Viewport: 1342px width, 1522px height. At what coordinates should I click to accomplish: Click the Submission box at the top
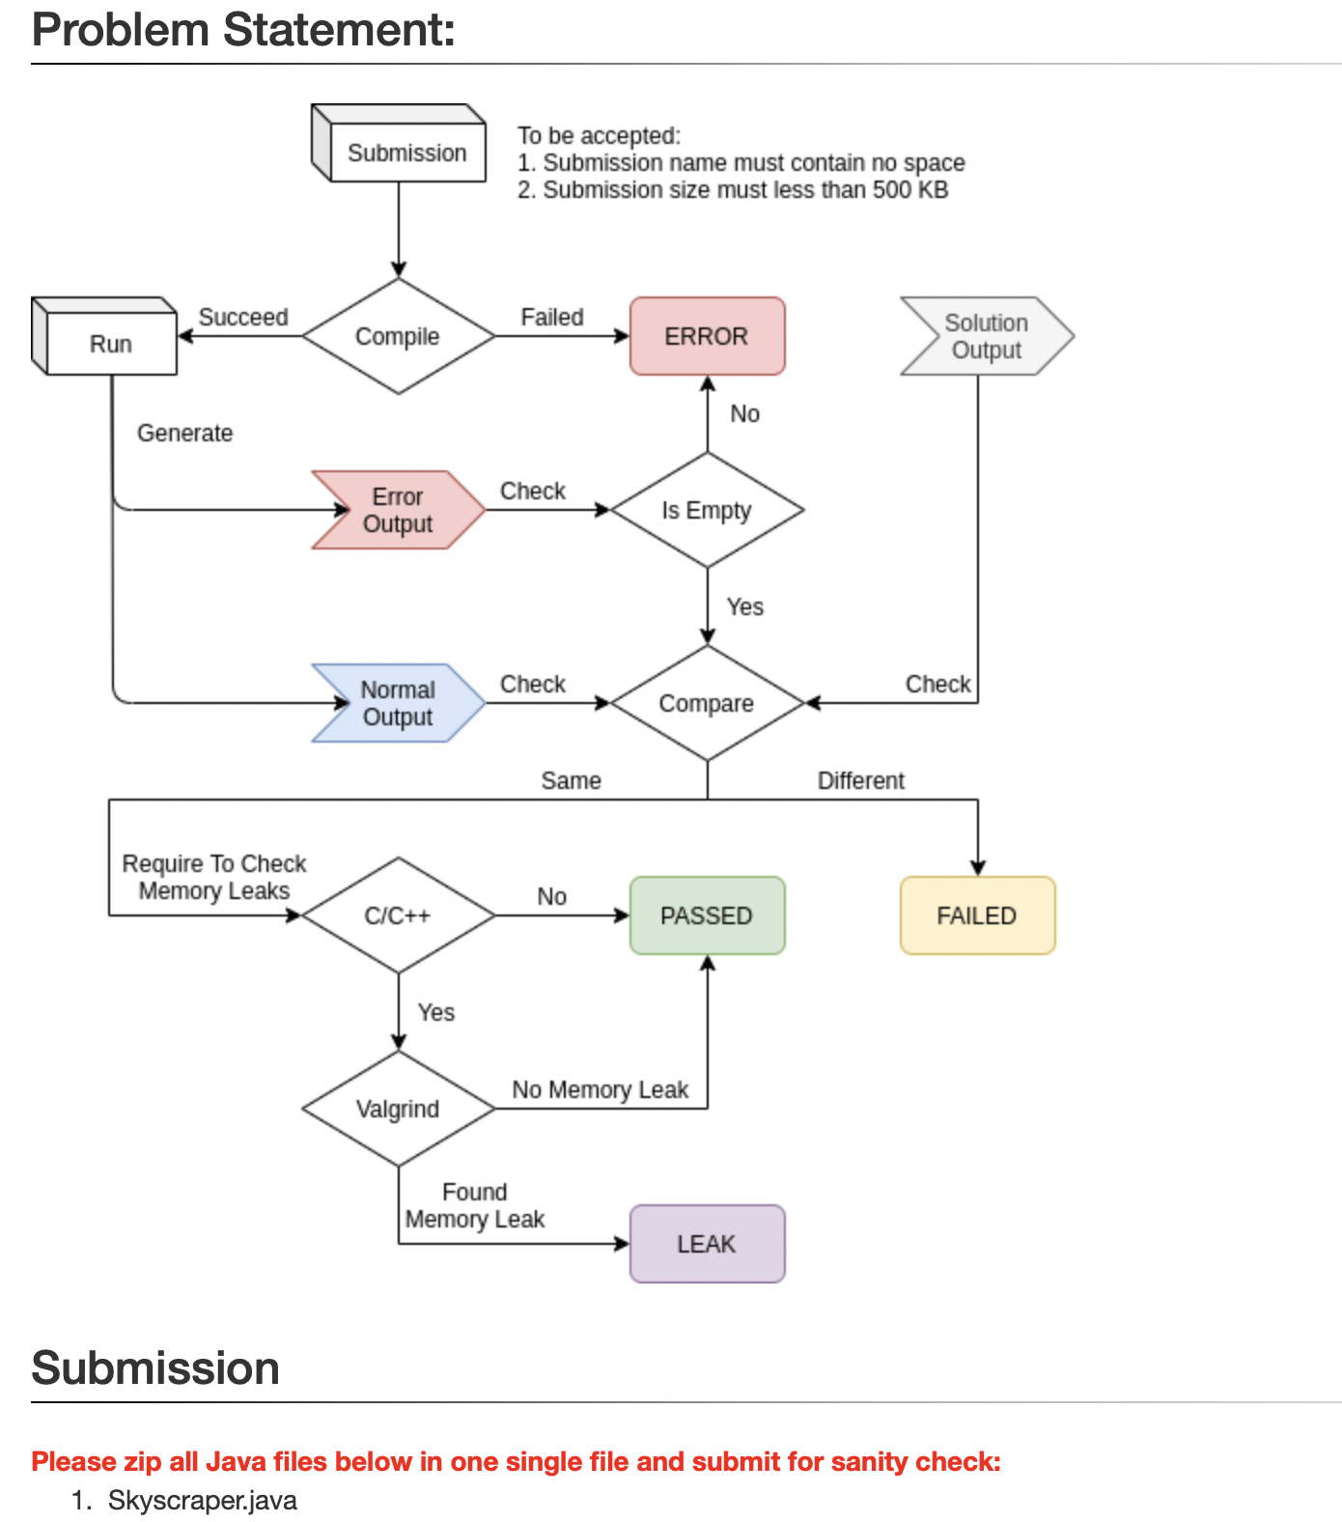click(x=406, y=153)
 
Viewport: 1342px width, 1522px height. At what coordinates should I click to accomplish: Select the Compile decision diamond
click(x=398, y=336)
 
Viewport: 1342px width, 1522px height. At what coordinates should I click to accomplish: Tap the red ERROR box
click(x=707, y=336)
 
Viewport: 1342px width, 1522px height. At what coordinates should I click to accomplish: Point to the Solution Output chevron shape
click(x=986, y=336)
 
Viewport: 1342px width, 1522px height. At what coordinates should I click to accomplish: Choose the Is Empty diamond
click(x=707, y=510)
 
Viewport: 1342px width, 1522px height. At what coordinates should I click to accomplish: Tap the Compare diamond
click(x=707, y=703)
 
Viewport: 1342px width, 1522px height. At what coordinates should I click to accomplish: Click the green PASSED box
click(x=707, y=916)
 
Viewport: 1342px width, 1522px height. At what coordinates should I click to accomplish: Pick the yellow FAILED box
click(x=977, y=916)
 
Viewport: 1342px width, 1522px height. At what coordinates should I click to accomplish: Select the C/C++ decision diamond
click(x=398, y=916)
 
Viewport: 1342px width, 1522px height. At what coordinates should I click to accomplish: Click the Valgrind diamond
click(x=398, y=1109)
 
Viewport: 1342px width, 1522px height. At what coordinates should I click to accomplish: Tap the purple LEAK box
click(x=707, y=1244)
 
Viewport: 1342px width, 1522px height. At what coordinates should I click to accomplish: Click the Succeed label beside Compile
click(x=243, y=317)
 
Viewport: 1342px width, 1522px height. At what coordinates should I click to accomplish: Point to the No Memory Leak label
click(x=600, y=1089)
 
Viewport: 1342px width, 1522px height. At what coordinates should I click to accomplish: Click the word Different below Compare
click(x=860, y=780)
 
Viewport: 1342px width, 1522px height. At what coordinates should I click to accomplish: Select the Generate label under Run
click(x=184, y=433)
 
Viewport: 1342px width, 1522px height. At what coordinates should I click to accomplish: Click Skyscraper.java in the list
click(x=203, y=1501)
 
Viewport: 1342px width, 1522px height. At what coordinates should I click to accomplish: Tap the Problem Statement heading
click(x=243, y=30)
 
